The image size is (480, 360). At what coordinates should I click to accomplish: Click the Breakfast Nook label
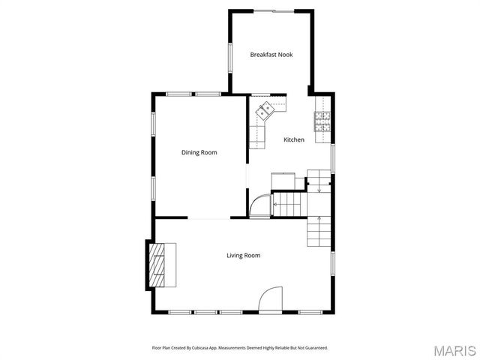click(271, 54)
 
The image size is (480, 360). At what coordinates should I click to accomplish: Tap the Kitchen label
click(293, 140)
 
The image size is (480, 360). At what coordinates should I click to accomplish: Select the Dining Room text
click(199, 152)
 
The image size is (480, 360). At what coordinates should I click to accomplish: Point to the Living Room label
click(243, 256)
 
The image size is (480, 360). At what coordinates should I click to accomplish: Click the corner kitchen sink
click(265, 112)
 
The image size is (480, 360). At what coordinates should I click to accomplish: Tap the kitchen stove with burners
click(323, 122)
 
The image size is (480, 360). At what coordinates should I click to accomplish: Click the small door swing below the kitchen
click(259, 205)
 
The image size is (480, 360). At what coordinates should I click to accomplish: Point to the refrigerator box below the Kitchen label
click(283, 181)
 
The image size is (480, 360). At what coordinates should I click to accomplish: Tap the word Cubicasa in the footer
click(201, 348)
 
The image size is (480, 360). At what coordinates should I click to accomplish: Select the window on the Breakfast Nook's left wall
click(229, 56)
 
